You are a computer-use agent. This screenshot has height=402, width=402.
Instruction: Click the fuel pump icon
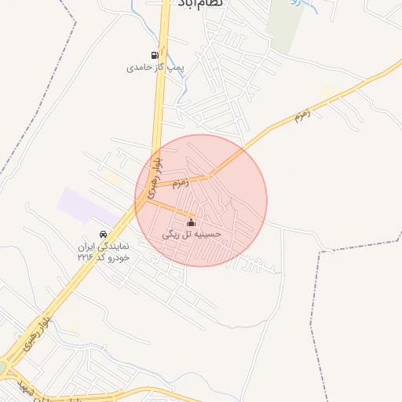pos(155,55)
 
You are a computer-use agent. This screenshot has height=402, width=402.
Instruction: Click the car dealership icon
pos(103,234)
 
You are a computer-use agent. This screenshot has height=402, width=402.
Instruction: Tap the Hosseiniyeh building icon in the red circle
pos(192,222)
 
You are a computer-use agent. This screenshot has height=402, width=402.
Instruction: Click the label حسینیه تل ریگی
pos(192,234)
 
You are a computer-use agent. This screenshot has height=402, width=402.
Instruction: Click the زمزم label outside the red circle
pos(302,115)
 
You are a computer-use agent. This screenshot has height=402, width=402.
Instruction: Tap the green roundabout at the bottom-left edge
pos(2,367)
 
